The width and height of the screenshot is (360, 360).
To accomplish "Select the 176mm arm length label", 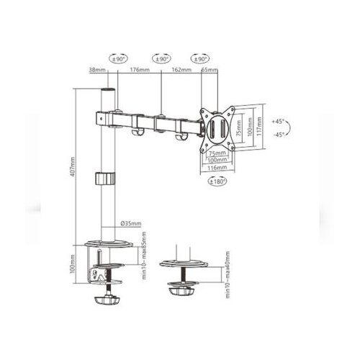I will point(139,71).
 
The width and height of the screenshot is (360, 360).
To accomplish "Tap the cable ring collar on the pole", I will point(107,179).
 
